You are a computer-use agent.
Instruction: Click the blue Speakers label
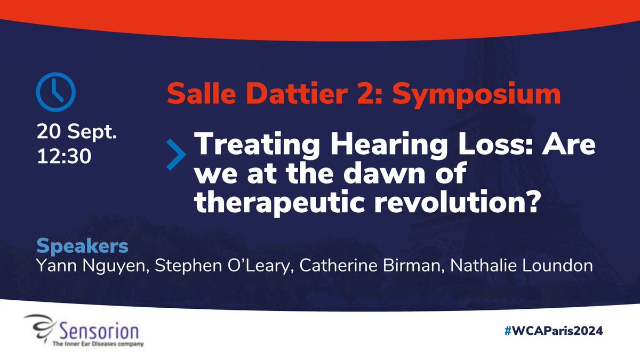pos(82,247)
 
